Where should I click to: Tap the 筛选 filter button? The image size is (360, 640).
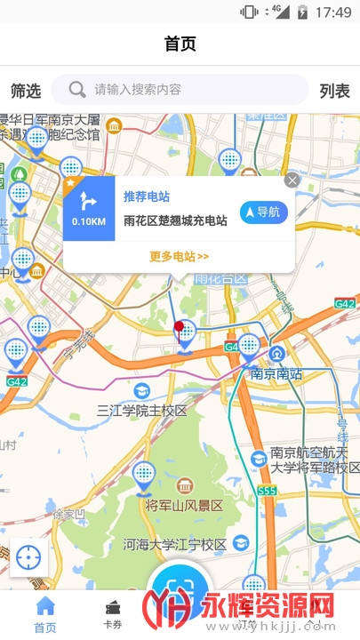26,90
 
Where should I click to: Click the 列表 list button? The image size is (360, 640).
335,90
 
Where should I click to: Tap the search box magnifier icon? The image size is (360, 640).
78,89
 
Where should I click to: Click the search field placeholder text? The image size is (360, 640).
138,89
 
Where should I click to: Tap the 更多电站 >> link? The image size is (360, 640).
179,257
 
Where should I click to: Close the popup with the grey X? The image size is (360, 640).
292,180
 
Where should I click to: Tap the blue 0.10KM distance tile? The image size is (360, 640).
89,211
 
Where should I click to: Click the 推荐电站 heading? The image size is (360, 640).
147,196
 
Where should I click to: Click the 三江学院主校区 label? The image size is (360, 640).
142,411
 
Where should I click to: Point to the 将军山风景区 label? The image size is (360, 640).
184,506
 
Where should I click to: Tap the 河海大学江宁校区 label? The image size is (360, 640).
176,543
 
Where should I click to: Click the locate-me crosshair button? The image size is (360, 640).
28,558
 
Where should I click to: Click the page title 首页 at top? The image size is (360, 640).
180,44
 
